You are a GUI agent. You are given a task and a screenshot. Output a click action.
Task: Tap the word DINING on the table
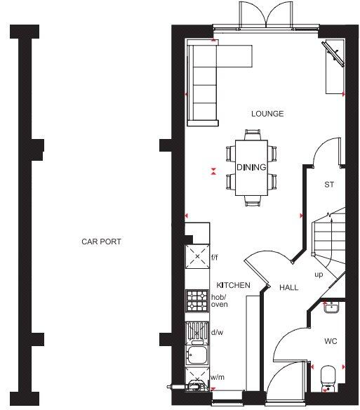coord(251,167)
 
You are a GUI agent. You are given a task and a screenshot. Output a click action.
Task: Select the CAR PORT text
coord(101,242)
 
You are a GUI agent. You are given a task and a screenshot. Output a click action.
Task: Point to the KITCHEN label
coord(233,285)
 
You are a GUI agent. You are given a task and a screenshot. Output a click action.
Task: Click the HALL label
coord(289,288)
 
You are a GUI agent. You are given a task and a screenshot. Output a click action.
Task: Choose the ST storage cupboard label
coord(328,185)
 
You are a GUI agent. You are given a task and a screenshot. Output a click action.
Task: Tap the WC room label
coord(331,341)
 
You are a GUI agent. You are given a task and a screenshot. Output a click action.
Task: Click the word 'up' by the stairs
coord(318,275)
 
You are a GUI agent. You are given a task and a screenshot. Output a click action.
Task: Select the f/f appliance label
coord(215,258)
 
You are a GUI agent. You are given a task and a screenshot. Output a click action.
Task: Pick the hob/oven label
coord(219,300)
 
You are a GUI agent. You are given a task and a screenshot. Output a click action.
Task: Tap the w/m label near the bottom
coord(217,378)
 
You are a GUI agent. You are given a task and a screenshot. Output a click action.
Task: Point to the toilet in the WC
coord(328,376)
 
